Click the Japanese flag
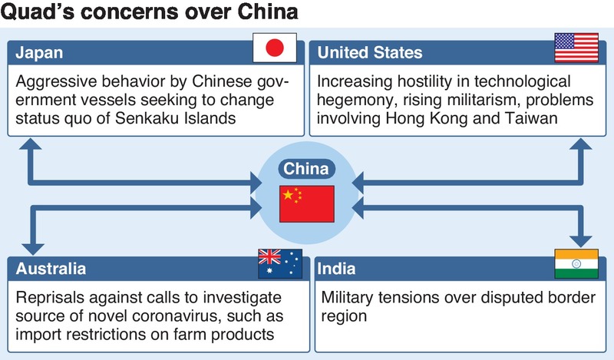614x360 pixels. (274, 50)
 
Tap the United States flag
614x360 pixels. (576, 50)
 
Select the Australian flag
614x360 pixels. (280, 263)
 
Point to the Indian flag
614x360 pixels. (576, 263)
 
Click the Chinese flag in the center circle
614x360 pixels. (307, 203)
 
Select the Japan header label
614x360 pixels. (39, 53)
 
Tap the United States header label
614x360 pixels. (370, 53)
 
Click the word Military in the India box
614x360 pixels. (350, 296)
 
